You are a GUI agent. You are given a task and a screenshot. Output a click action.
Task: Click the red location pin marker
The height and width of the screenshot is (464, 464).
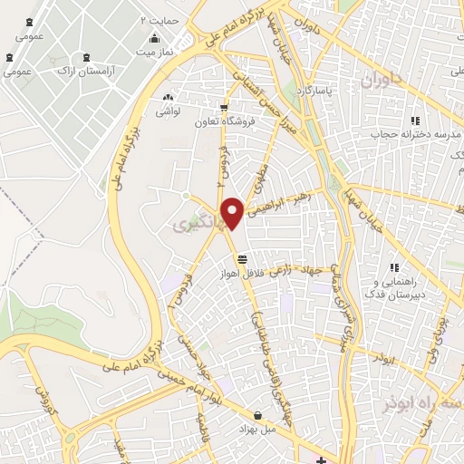(x=233, y=212)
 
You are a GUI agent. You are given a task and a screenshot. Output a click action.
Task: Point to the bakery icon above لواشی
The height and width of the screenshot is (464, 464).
(x=168, y=97)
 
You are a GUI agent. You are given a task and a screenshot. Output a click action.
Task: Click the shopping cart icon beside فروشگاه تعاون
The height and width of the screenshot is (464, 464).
(x=224, y=107)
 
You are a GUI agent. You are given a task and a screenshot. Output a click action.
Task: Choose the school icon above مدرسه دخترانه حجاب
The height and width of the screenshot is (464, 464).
(x=415, y=120)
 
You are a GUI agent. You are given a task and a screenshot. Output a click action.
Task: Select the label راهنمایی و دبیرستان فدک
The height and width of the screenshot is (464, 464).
(x=394, y=287)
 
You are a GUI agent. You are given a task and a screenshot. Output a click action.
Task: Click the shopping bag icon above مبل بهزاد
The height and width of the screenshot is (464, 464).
(x=259, y=411)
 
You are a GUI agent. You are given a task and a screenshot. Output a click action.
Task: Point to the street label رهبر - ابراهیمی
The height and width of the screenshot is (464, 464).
(x=282, y=203)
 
